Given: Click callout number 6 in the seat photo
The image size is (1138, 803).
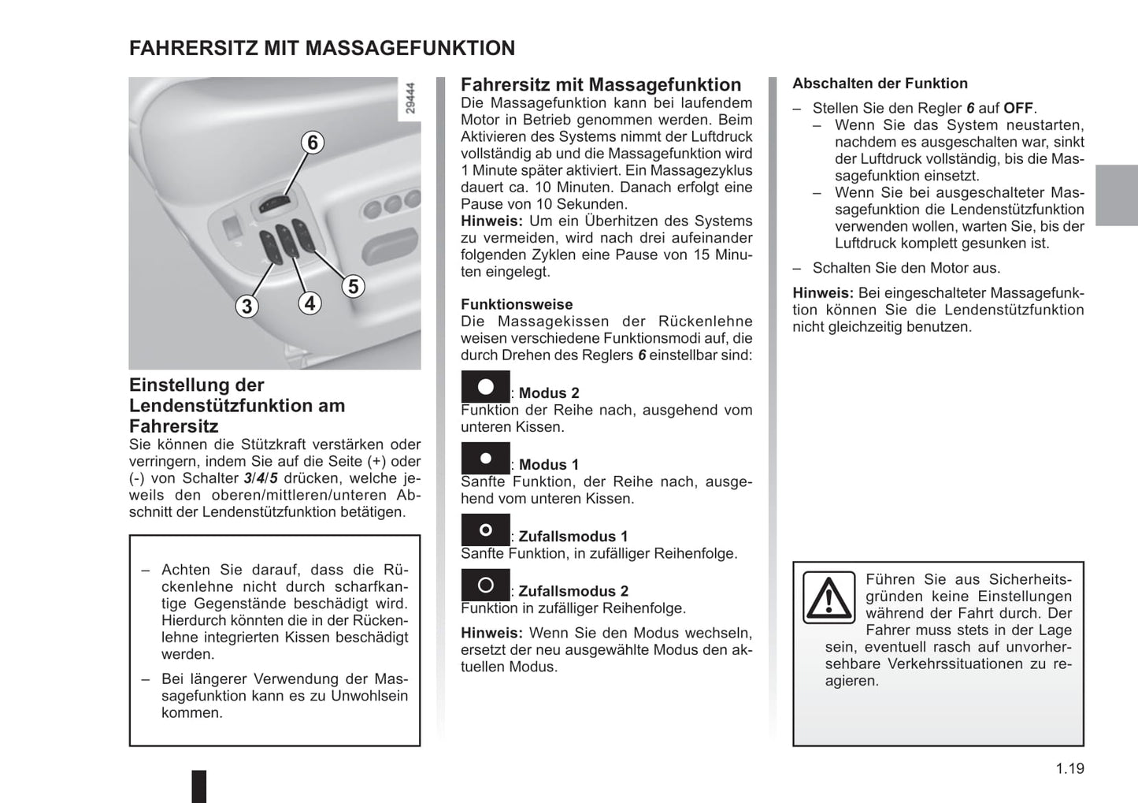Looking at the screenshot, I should (313, 143).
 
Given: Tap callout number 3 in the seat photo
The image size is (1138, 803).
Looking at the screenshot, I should (247, 306).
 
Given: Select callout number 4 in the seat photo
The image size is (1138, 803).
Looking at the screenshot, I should (310, 303).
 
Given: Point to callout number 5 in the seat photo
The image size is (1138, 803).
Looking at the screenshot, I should (353, 286).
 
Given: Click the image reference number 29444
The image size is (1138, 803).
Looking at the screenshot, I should (410, 99).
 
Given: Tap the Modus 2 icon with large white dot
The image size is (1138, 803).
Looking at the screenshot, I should (485, 387).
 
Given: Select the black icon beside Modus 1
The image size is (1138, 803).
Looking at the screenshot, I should (485, 459).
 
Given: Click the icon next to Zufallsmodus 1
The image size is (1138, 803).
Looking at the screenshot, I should (485, 530).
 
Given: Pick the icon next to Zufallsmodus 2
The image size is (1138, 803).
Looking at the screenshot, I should (485, 586).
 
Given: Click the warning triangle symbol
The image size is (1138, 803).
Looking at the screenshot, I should (828, 598).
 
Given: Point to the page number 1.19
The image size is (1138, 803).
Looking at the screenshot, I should (1069, 768).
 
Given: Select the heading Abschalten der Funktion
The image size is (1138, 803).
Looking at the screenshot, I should (880, 84).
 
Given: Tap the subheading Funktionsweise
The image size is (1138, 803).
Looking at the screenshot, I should (517, 304).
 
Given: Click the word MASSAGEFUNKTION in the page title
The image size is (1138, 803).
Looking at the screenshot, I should (410, 48).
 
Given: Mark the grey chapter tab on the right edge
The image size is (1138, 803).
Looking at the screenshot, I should (1117, 195).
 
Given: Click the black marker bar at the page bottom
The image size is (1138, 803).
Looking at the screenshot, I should (199, 786).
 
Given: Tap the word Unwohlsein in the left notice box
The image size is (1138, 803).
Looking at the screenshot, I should (369, 696).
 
